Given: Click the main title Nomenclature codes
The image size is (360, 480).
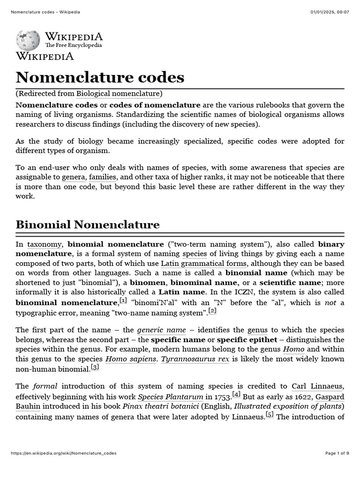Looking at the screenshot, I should pos(100,77).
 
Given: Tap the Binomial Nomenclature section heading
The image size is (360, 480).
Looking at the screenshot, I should pos(88,225).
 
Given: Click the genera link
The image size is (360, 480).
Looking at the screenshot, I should pos(74,177).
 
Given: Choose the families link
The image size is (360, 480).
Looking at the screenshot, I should pos(103,177).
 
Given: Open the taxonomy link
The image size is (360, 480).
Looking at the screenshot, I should pos(45,244).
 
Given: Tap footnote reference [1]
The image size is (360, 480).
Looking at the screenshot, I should pos(123,300).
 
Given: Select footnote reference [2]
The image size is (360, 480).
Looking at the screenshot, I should pos(212,310).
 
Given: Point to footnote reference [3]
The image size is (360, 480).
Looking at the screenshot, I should pos(95,367).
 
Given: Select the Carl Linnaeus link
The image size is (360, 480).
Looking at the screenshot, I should pos(317,386).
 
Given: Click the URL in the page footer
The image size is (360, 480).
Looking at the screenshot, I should pos(63,453).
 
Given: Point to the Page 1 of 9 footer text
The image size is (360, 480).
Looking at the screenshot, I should pos(337,453).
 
